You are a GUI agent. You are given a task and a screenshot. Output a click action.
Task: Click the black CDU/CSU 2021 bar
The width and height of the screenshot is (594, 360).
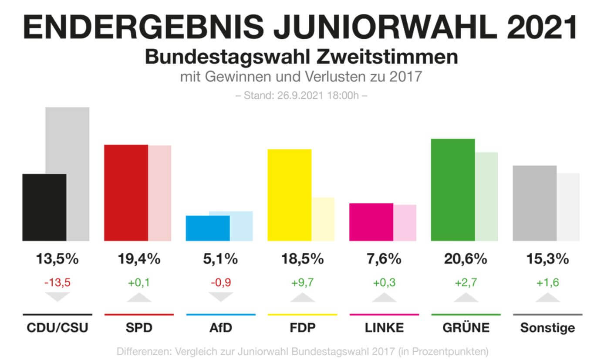coord(44,207)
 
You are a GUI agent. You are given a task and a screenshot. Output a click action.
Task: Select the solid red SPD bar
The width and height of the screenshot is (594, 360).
coord(126,193)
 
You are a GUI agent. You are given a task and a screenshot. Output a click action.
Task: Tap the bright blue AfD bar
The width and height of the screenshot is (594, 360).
coord(208,228)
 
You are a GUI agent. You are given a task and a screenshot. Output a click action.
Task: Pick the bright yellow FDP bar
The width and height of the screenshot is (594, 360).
coord(290,195)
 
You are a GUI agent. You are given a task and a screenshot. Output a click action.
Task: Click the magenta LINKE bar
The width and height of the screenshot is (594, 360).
coord(371,222)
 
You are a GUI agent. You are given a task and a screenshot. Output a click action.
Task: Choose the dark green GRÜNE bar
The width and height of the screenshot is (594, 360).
coord(453,190)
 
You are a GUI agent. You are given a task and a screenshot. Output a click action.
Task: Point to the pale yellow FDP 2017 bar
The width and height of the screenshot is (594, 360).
coord(323,219)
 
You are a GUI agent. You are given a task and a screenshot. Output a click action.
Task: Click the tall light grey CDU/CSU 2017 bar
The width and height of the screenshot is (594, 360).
coord(67,139)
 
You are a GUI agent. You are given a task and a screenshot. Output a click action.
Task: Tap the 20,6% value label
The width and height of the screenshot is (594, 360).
coord(466,259)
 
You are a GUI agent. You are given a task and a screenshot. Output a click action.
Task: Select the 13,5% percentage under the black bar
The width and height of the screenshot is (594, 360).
coord(57,259)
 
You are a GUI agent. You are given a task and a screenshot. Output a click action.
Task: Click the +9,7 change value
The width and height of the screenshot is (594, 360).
coord(302,282)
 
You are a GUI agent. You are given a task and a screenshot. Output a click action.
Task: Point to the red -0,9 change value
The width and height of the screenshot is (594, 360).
coord(220,282)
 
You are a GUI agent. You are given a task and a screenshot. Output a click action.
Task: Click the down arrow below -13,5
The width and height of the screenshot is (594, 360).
coord(57,297)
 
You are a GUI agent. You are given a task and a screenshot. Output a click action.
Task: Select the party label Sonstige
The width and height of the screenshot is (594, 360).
coord(547,328)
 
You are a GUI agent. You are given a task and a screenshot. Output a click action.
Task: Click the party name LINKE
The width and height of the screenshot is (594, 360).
coord(384,328)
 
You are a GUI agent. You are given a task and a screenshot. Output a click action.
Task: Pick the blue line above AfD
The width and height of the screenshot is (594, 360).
coord(220,314)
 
